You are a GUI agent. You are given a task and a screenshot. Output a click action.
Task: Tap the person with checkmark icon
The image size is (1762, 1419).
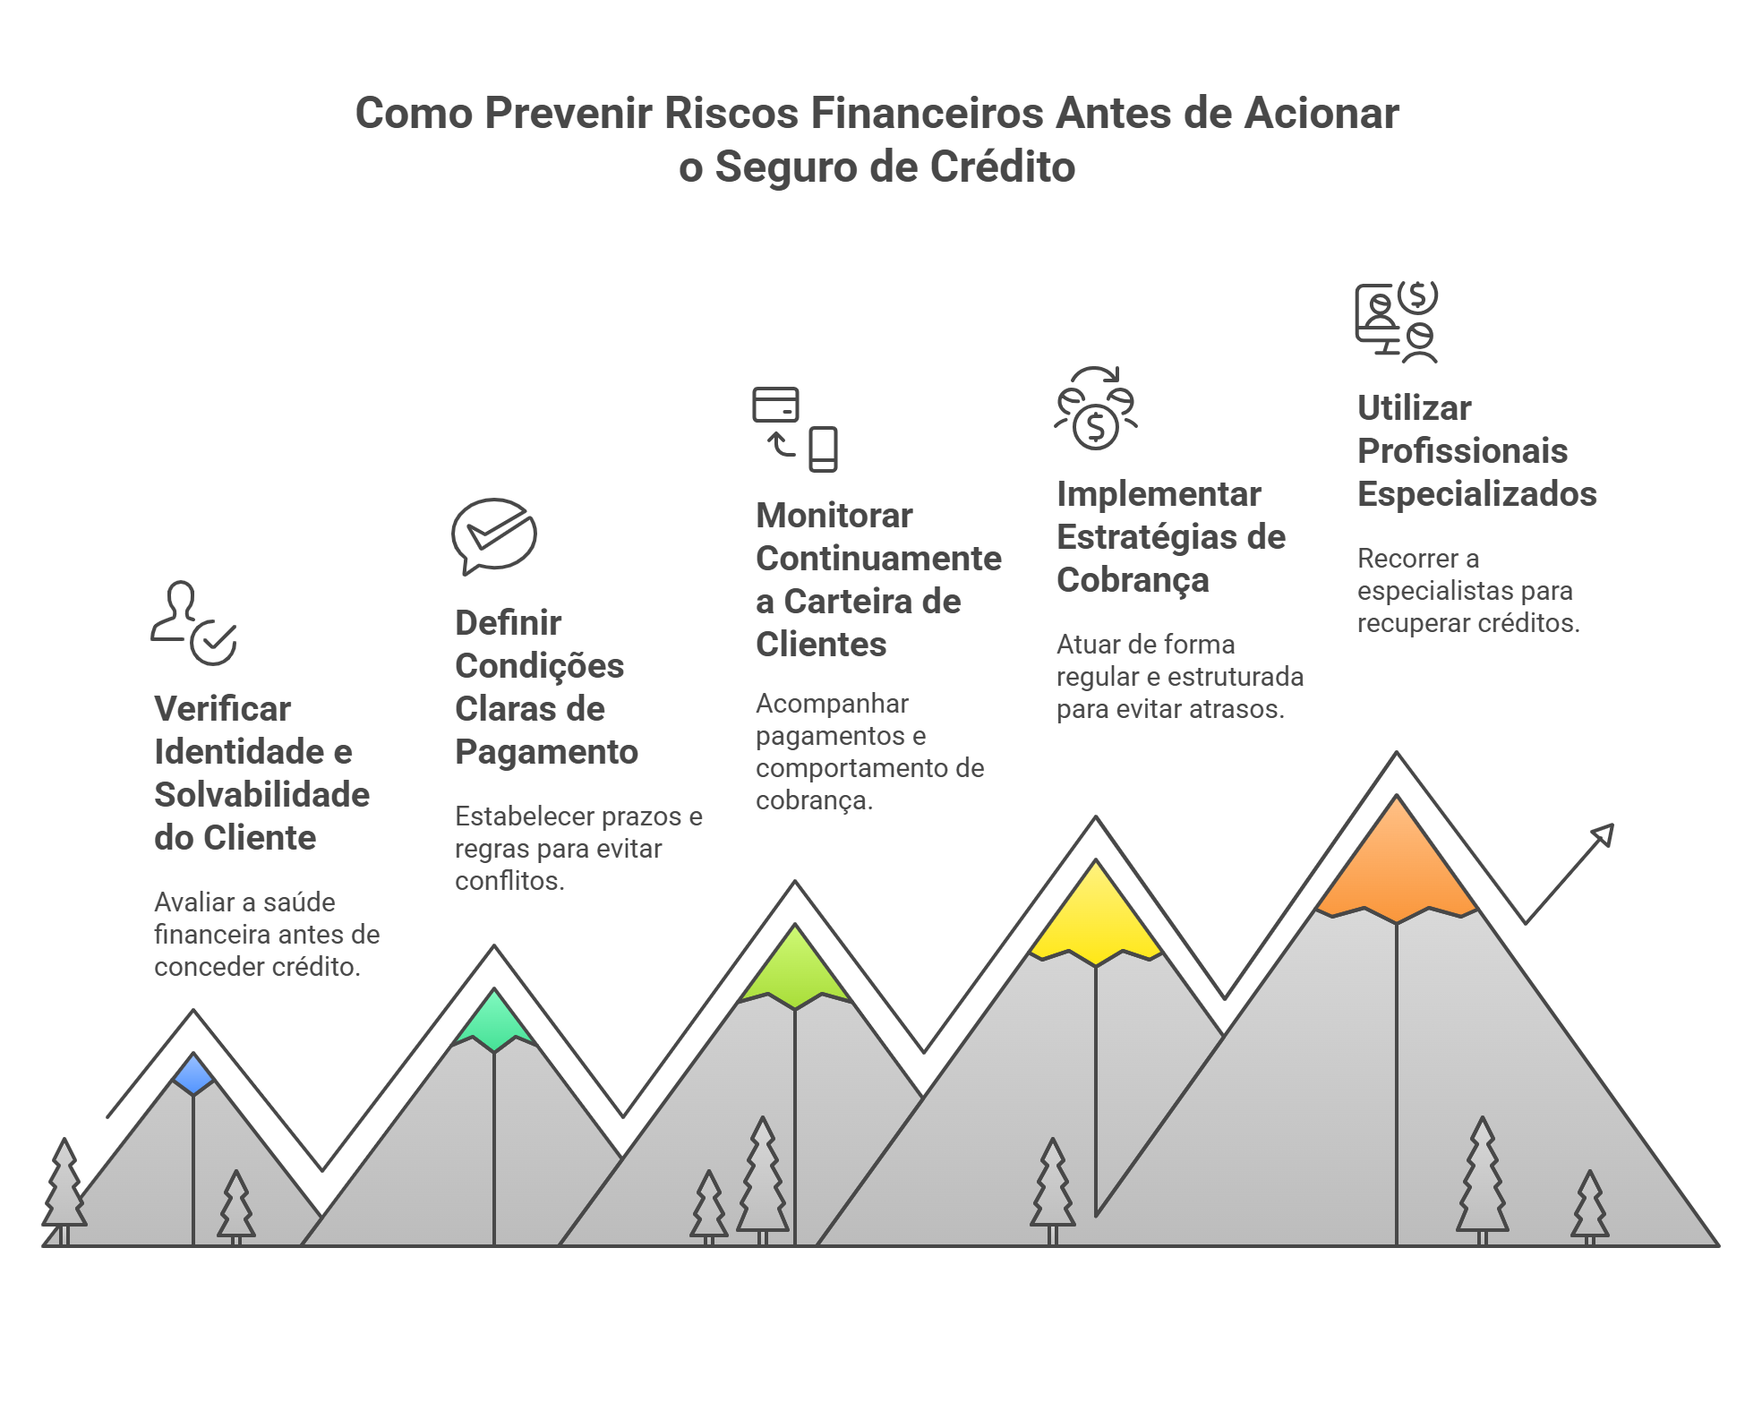(193, 623)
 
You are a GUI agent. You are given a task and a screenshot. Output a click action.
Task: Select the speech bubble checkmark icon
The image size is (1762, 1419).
(494, 535)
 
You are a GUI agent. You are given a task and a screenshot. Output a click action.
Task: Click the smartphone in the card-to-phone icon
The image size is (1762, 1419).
(823, 449)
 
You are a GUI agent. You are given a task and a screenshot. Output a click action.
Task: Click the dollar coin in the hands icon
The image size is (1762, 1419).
(1096, 427)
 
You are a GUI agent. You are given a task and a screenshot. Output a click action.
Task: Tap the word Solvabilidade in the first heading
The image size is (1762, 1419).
(261, 795)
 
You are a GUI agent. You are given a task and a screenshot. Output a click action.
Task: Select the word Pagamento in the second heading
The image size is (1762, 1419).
(546, 752)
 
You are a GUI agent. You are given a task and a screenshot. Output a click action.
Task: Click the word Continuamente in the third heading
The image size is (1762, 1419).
(878, 559)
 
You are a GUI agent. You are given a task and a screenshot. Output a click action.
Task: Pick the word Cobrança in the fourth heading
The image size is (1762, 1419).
(1133, 580)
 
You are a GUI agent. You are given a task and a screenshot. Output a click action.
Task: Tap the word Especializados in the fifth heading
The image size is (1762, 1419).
(1476, 494)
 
